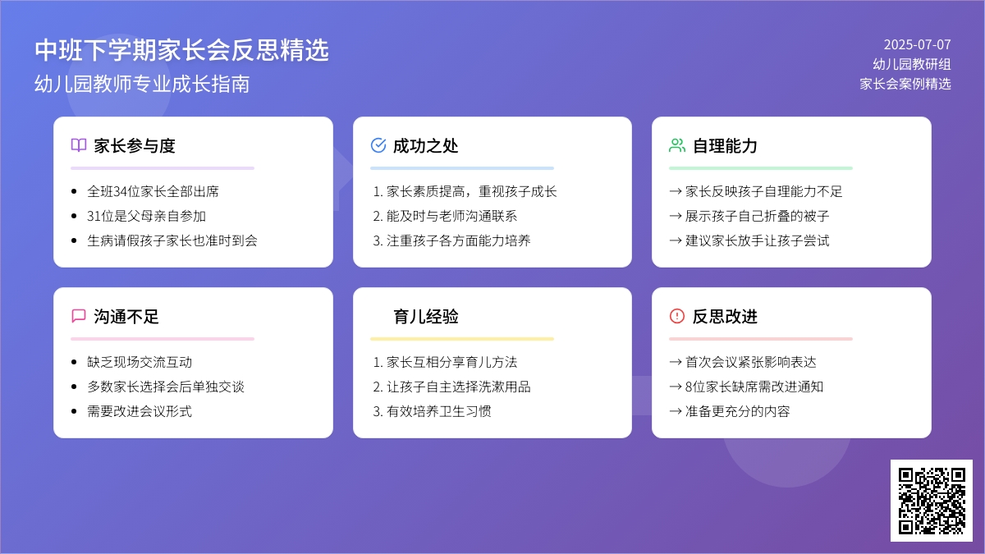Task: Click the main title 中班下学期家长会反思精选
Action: click(181, 50)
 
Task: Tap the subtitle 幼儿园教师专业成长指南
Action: click(142, 84)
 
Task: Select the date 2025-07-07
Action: click(918, 44)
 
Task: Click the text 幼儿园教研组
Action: click(912, 64)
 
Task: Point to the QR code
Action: click(932, 501)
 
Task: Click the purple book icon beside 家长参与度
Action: click(79, 145)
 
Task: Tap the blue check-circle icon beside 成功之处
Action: click(378, 145)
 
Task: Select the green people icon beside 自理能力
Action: click(677, 145)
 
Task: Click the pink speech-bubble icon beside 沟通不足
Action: click(79, 316)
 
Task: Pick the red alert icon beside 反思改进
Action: click(677, 316)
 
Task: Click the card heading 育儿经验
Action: click(426, 317)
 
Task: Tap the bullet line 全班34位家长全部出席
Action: click(153, 191)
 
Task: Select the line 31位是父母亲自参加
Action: click(146, 216)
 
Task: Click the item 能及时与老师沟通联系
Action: click(445, 216)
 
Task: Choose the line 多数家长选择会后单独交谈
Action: click(166, 387)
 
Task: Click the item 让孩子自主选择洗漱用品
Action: click(451, 387)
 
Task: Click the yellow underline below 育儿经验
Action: click(461, 339)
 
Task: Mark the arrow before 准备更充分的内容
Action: click(676, 411)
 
